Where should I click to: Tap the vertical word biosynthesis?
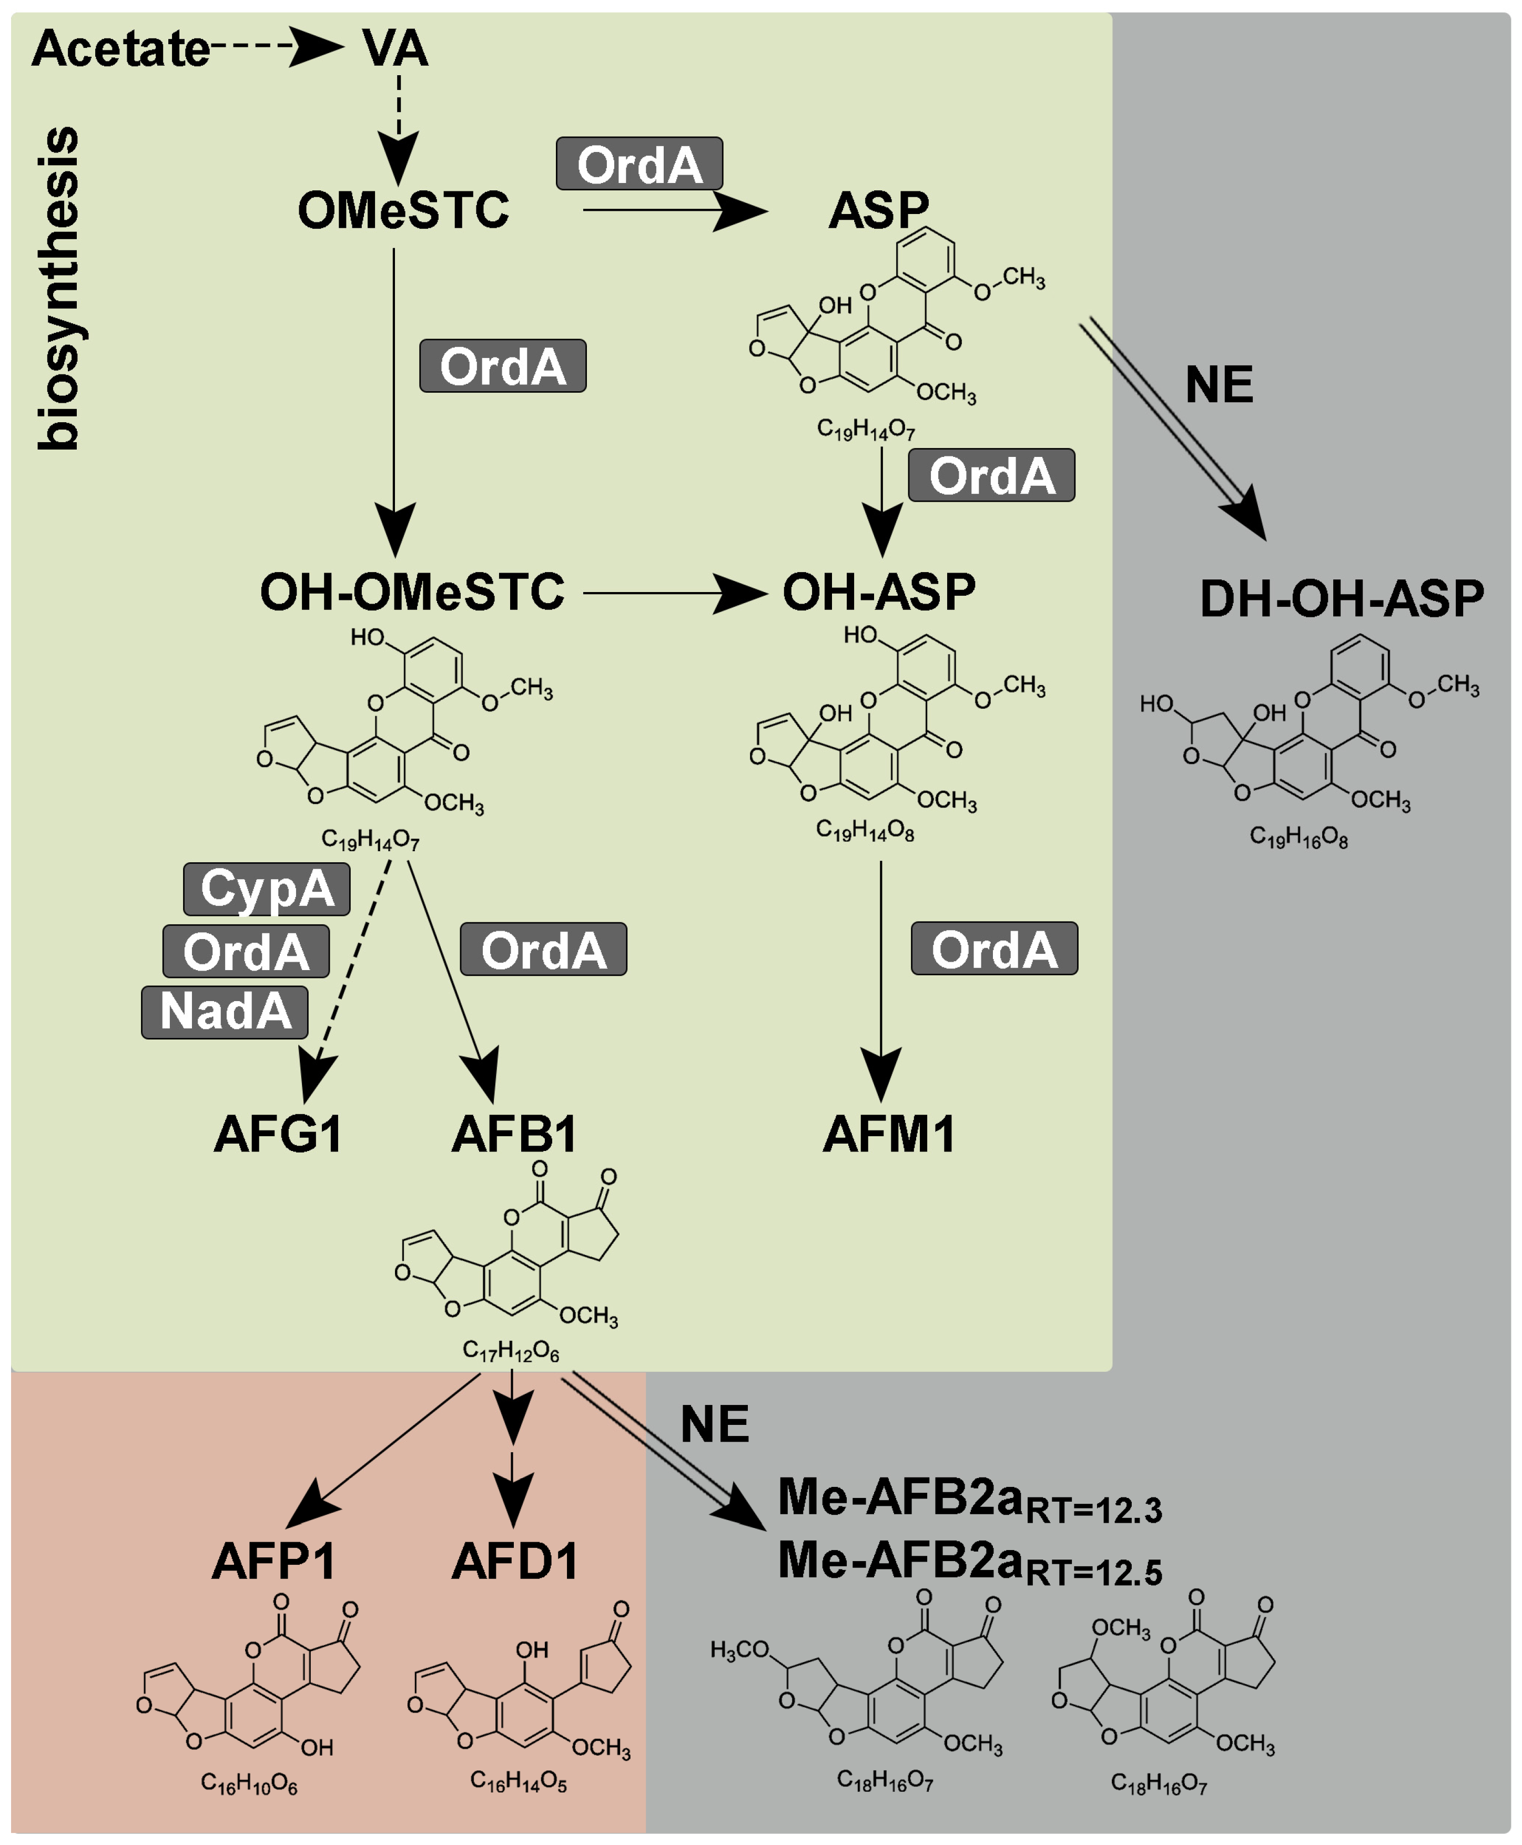(59, 289)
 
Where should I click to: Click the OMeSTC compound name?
(403, 210)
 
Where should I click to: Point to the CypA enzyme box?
(267, 889)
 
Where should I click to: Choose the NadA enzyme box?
(225, 1012)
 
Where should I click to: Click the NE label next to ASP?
(1219, 385)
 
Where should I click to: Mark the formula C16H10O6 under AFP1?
(249, 1783)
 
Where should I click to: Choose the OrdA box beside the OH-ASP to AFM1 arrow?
(993, 949)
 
